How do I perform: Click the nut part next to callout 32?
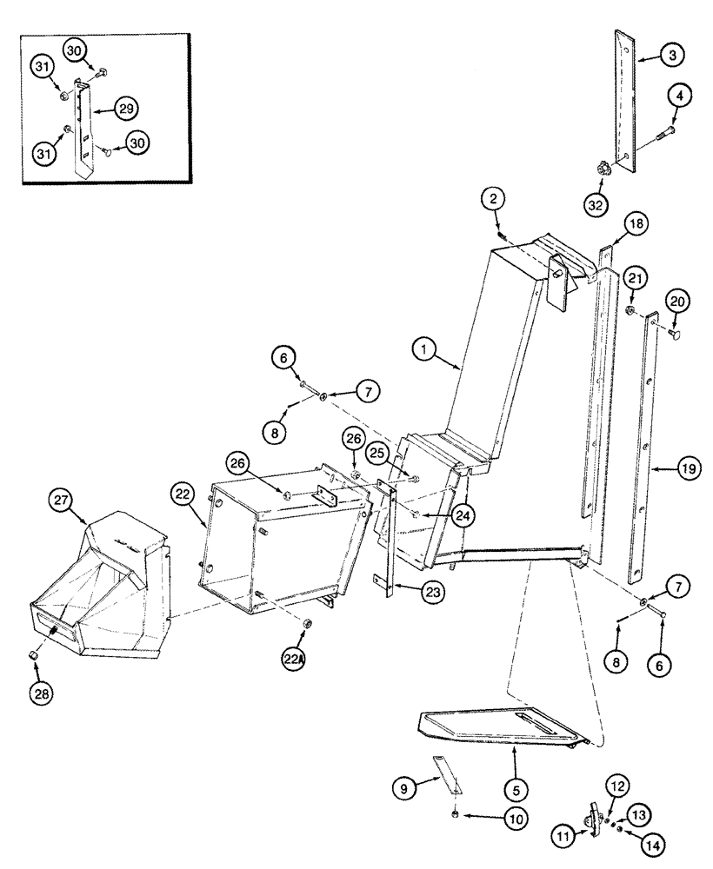tap(599, 168)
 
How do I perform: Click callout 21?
tap(634, 277)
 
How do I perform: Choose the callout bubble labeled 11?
tap(563, 838)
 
